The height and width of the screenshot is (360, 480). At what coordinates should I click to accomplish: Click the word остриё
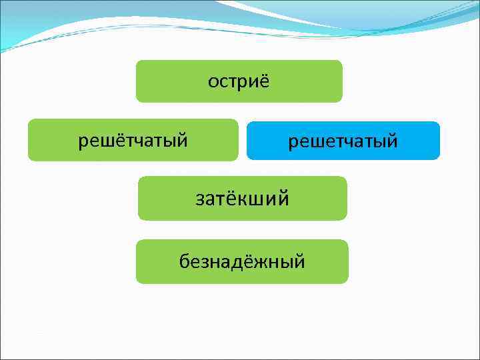coord(239,81)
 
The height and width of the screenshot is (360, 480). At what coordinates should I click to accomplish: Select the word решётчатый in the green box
coord(133,140)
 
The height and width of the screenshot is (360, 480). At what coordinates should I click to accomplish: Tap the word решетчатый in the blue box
coord(343,141)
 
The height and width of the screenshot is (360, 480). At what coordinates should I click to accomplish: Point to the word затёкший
coord(242,198)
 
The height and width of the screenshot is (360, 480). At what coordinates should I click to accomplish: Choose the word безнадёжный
coord(242,261)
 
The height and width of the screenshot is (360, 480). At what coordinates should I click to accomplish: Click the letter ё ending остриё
coord(263,81)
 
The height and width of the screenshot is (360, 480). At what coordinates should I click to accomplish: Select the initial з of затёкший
coord(199,199)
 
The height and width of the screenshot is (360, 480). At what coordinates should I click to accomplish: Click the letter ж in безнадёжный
coord(261,261)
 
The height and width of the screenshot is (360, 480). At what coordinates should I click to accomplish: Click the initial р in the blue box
coord(292,143)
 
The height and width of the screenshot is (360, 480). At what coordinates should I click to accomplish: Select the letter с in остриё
coord(224,82)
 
